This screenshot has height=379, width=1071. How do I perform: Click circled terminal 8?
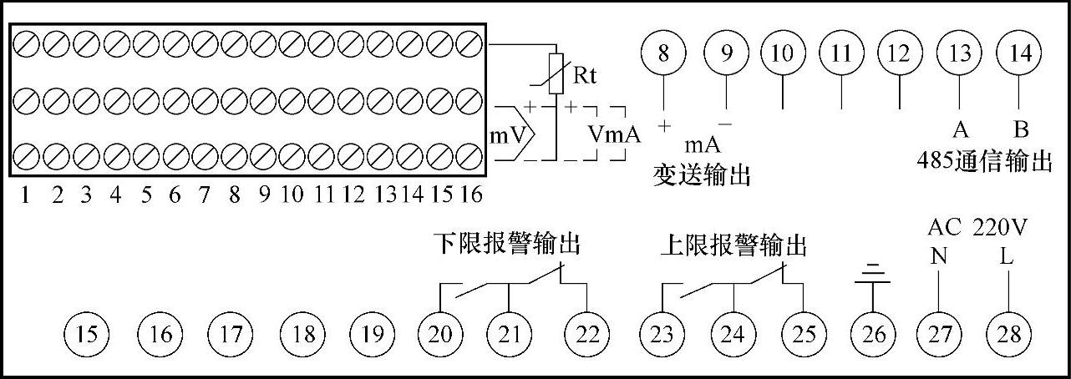(x=663, y=54)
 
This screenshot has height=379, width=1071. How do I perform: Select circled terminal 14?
(x=1020, y=54)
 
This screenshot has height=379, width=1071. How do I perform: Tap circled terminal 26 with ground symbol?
(x=873, y=334)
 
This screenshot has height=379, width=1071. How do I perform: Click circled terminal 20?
(x=440, y=334)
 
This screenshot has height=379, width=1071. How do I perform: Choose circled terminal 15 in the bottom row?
(x=88, y=334)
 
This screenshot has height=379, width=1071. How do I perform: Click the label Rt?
(x=584, y=76)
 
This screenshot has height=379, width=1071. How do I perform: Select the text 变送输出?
(x=701, y=175)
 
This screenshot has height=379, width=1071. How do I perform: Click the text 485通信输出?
(x=983, y=161)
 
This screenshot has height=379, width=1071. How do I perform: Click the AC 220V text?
(x=977, y=228)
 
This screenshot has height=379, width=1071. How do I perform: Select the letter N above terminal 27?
(x=939, y=256)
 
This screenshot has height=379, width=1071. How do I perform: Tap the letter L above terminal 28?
(x=1007, y=256)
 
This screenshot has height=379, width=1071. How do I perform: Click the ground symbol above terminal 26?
(x=873, y=272)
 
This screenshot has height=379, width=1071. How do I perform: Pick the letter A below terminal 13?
(x=960, y=130)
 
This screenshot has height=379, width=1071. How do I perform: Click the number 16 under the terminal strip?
(x=471, y=195)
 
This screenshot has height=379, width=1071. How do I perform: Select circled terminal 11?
(x=840, y=54)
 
